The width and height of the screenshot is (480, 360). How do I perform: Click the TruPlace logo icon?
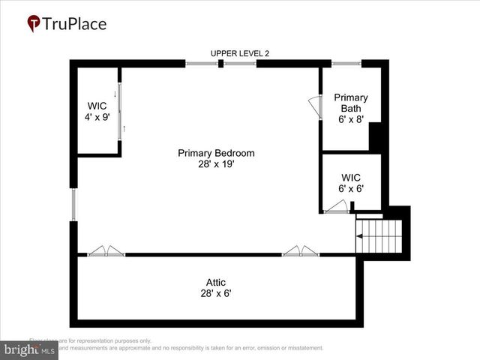point(34,24)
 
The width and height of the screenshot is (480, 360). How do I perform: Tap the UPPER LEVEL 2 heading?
point(239,52)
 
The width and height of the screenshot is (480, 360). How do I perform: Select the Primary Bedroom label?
point(216,153)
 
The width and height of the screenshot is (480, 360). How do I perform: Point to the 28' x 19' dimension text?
point(216,164)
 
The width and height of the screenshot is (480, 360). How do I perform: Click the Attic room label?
point(216,282)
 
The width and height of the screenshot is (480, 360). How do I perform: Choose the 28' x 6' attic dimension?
point(216,293)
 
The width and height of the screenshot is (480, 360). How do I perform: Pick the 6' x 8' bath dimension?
point(351,119)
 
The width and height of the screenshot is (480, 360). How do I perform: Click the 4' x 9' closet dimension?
point(97,118)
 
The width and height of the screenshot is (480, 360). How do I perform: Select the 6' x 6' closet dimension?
point(351,189)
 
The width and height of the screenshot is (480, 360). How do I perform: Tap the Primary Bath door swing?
point(315,108)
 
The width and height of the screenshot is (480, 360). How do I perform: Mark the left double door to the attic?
point(106,251)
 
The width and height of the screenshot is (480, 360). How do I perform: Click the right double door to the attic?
point(301,251)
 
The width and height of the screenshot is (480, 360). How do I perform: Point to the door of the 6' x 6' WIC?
point(337,207)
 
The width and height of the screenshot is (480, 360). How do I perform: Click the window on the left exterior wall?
point(73,204)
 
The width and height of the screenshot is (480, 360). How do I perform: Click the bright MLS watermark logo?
point(28,350)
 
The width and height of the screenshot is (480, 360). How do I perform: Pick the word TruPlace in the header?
point(75,24)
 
